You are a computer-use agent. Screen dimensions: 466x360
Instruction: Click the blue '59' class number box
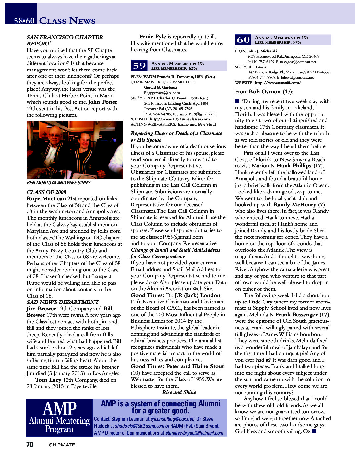[139, 66]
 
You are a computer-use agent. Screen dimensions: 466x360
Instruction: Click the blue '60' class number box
[243, 40]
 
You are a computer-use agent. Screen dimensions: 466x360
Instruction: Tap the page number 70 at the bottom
[30, 444]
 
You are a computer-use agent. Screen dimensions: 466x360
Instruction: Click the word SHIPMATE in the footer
[62, 445]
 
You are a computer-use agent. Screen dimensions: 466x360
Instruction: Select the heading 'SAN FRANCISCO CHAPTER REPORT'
[65, 40]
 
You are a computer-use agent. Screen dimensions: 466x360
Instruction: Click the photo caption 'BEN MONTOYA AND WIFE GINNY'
[59, 183]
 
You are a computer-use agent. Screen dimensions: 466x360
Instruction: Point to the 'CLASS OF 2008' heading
[46, 192]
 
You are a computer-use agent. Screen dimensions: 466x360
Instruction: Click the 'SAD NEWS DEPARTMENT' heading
[63, 302]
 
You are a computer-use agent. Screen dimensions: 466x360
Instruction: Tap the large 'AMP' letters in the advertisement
[60, 409]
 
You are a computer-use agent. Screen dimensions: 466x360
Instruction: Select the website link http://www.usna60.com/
[278, 83]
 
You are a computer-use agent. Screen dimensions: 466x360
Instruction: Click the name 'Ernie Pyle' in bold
[153, 37]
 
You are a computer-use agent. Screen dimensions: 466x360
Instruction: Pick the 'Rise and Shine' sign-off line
[179, 392]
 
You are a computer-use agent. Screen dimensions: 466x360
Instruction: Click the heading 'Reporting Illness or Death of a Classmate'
[176, 133]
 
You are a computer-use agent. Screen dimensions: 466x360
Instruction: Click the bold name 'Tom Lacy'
[48, 380]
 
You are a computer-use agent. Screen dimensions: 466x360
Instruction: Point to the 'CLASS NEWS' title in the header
[67, 21]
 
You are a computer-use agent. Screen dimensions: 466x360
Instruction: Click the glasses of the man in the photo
[56, 136]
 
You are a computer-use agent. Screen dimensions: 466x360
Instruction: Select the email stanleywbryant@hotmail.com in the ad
[194, 433]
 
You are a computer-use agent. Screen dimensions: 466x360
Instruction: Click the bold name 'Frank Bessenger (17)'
[302, 315]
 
